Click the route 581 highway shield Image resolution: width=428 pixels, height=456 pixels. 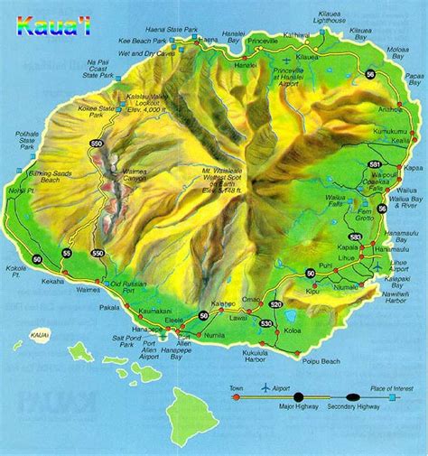coord(374,164)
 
